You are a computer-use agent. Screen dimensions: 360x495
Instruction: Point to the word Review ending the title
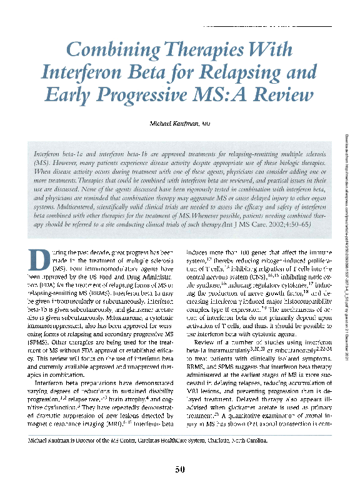281,95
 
